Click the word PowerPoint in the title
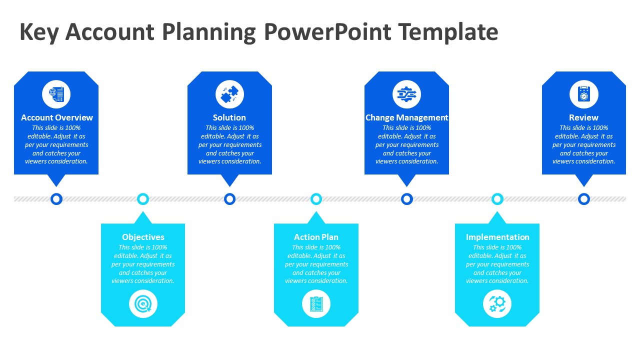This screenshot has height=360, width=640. [327, 32]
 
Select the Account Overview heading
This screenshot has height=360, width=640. [57, 117]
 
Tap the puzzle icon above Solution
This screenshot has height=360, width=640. [229, 94]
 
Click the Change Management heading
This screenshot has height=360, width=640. [406, 117]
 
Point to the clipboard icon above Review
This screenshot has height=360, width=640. [583, 94]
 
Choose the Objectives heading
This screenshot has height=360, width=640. [143, 237]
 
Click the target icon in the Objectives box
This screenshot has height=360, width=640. [143, 303]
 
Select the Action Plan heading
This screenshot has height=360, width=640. [316, 237]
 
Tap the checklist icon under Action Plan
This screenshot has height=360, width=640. [316, 303]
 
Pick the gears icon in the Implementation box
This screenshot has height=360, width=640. [497, 303]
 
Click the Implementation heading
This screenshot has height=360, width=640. [497, 237]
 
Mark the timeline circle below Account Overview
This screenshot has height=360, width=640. [56, 199]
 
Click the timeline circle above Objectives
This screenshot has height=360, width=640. [143, 199]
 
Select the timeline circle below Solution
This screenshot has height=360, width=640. [229, 199]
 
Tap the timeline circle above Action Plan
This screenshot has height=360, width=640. [316, 199]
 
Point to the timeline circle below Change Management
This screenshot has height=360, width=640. [407, 199]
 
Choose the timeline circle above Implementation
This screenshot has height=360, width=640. [497, 199]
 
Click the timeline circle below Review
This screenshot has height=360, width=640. [583, 199]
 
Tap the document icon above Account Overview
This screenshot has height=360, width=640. [56, 94]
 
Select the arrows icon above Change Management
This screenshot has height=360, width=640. [406, 94]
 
